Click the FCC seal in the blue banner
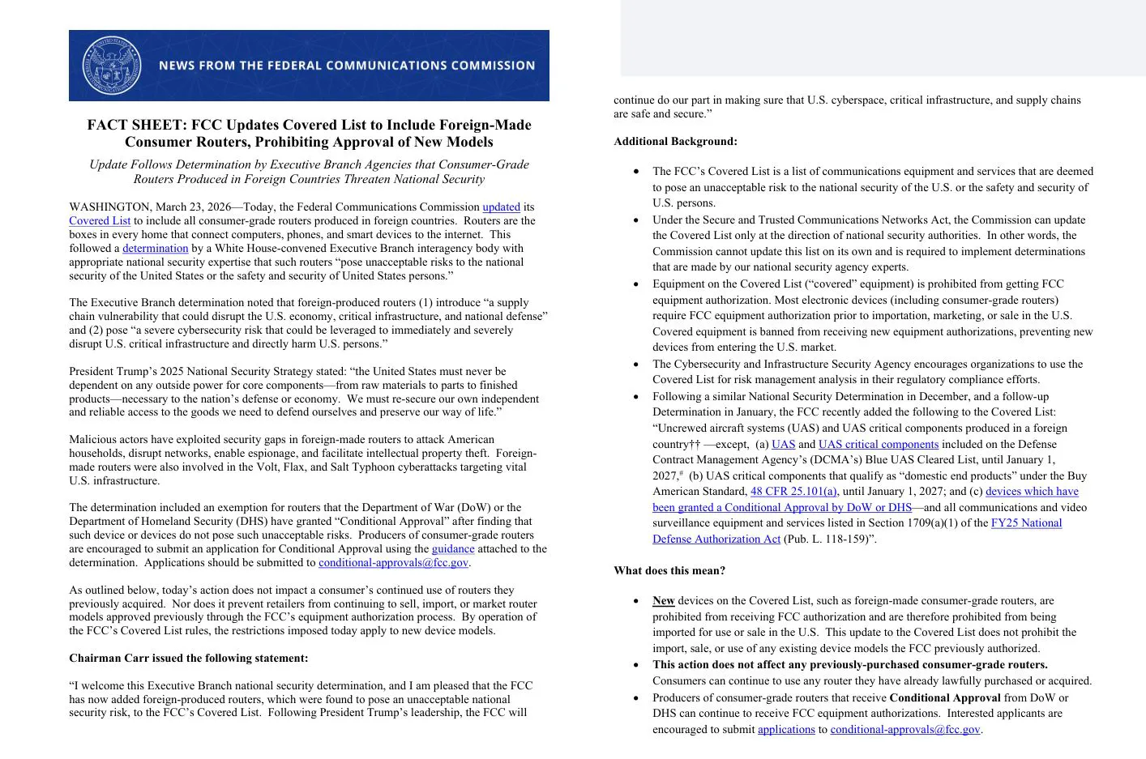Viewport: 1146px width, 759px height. point(112,66)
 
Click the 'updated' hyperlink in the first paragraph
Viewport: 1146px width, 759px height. point(501,207)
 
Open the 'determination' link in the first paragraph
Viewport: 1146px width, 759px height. point(155,249)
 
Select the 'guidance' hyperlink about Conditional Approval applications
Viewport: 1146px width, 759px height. point(452,549)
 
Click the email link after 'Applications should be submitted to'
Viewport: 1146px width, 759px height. point(393,563)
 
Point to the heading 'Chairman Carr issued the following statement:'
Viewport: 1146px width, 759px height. point(188,659)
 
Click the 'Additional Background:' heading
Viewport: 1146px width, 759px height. point(675,142)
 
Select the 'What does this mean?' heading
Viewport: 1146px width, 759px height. point(669,571)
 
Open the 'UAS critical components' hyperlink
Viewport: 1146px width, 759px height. point(878,445)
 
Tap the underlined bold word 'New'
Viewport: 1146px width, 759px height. point(663,601)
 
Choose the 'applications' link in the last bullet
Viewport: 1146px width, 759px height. point(786,730)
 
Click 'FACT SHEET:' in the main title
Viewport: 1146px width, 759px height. point(137,126)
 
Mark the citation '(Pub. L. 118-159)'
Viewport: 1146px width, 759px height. point(829,539)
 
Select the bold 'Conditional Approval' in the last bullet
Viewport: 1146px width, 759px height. point(944,698)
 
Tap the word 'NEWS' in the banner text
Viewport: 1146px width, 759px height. point(176,66)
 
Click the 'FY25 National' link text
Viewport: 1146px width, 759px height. point(1026,523)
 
